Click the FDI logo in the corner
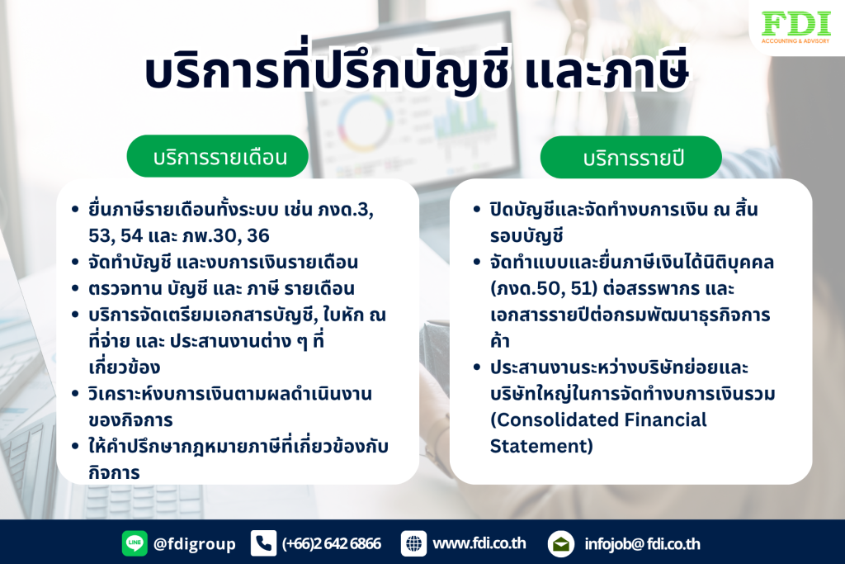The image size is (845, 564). (x=795, y=27)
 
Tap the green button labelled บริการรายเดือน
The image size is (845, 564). (x=218, y=156)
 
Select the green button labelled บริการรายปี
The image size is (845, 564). (x=631, y=158)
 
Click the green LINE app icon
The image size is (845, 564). (x=135, y=543)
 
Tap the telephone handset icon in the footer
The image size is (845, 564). (x=263, y=543)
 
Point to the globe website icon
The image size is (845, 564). (x=413, y=543)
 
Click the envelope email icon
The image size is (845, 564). (x=560, y=544)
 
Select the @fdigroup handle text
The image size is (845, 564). (x=195, y=544)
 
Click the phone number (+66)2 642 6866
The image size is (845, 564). (x=332, y=543)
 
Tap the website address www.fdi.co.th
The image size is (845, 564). (x=479, y=543)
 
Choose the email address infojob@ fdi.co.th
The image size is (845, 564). (x=642, y=544)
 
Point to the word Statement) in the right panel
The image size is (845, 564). (x=541, y=447)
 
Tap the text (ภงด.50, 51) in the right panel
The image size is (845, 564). (x=544, y=288)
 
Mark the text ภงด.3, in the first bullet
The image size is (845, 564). (x=345, y=209)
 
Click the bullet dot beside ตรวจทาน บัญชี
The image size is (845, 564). (x=75, y=288)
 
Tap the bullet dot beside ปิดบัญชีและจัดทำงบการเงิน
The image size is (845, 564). (x=476, y=209)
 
